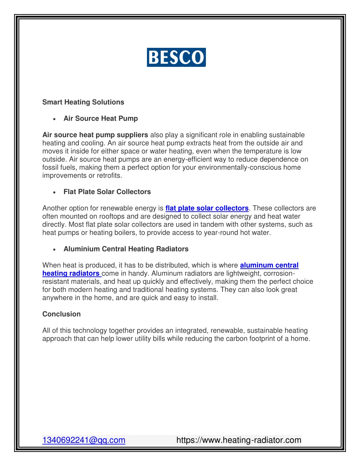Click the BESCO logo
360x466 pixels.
pos(176,57)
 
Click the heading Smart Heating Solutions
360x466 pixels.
pos(83,102)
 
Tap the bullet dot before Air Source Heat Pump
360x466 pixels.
pos(54,119)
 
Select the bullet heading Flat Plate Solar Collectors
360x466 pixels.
pos(107,192)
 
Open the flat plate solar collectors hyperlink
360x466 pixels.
pos(207,208)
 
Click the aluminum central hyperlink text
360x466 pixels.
pos(269,265)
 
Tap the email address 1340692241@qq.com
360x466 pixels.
pos(84,440)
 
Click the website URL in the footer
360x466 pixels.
pos(239,440)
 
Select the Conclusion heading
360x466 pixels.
pos(62,314)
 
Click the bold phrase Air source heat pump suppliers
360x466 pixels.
pos(95,135)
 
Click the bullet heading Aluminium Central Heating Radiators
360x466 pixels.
pos(126,249)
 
